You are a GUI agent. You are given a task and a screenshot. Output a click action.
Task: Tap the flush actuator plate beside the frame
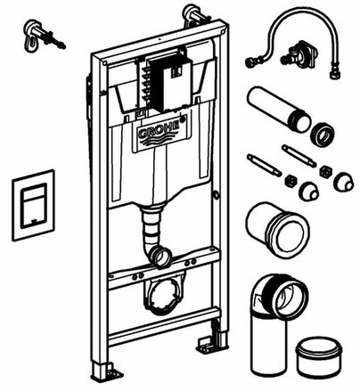33,205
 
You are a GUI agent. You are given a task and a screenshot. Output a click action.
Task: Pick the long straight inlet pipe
279,109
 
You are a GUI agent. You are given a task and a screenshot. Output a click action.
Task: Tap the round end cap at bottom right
319,355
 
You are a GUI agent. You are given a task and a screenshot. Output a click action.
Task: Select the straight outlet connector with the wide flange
277,230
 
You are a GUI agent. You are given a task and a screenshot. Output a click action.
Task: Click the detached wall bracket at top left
42,35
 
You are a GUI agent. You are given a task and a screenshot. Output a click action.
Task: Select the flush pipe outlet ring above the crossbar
161,257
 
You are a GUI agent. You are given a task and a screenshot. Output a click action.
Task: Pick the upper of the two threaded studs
299,155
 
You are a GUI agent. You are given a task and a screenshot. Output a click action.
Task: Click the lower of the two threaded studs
264,165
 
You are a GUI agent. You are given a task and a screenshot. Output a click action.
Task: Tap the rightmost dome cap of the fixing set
343,181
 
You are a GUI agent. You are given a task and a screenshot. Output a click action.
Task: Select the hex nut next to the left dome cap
290,181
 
